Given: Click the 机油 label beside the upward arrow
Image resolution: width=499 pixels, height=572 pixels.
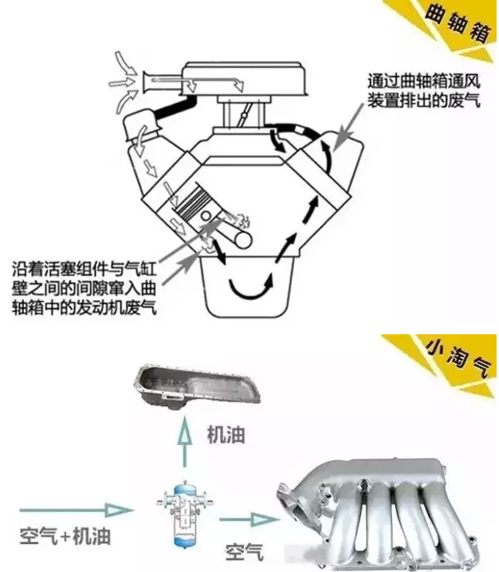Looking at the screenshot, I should coord(225,434).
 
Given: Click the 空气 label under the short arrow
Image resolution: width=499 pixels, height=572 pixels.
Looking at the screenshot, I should coord(244,550).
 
